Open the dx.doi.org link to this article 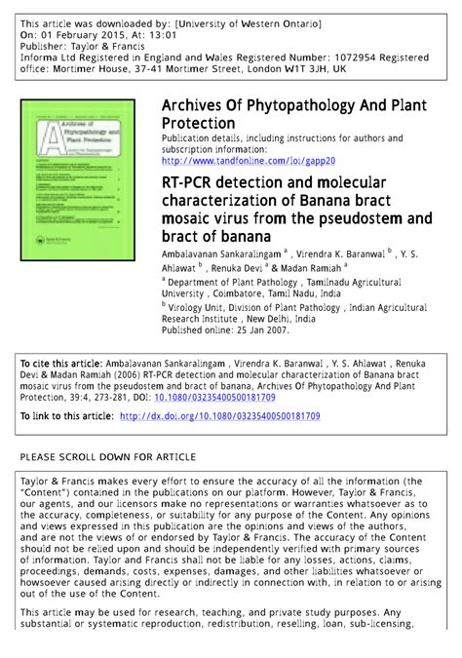[233, 416]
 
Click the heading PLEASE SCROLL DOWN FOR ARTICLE [108, 456]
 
